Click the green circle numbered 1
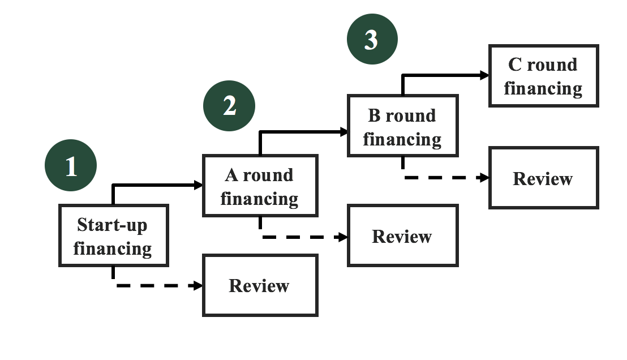(71, 166)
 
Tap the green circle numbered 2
(229, 105)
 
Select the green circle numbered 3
(372, 40)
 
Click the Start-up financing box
(114, 235)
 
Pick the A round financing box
(260, 186)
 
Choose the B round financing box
(402, 126)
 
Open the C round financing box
(543, 76)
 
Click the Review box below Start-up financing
(260, 285)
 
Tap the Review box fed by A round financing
(402, 235)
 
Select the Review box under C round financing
(543, 178)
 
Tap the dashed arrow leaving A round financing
(306, 237)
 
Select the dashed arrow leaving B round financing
(447, 178)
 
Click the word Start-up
(112, 225)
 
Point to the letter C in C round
(514, 65)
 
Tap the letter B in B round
(374, 115)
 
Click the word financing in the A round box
(260, 199)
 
